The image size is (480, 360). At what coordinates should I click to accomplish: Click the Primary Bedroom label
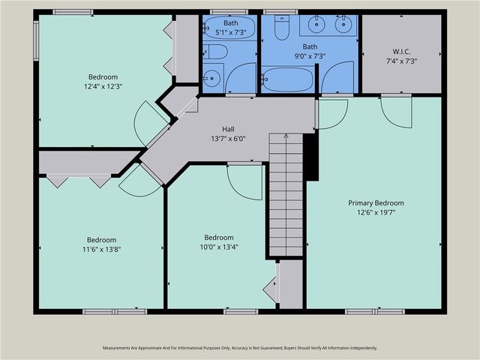(x=376, y=203)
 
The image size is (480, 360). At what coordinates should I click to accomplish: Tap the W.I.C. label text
(x=401, y=52)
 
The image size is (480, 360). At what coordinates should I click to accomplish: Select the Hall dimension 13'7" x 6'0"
(x=228, y=139)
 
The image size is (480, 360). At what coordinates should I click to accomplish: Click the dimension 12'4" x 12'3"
(x=103, y=87)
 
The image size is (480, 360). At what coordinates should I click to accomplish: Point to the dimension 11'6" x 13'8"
(x=101, y=250)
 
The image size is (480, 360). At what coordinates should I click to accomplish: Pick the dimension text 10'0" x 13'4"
(x=219, y=247)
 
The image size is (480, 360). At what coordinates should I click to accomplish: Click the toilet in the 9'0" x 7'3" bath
(x=281, y=28)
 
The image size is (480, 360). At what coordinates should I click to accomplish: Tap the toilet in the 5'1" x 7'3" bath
(x=214, y=52)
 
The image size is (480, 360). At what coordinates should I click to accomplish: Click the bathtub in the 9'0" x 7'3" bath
(x=287, y=79)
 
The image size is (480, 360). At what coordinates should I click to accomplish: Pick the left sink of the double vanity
(x=316, y=23)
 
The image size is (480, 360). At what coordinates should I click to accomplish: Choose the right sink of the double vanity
(x=344, y=23)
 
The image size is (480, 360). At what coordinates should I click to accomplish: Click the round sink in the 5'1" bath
(x=211, y=78)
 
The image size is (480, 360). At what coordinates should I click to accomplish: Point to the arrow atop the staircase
(x=286, y=136)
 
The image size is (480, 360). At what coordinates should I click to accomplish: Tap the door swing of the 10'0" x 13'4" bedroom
(x=245, y=183)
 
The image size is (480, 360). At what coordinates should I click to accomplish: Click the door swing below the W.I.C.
(x=397, y=112)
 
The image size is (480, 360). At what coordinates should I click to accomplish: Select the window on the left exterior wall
(x=36, y=40)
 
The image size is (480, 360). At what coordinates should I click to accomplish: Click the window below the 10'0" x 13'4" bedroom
(x=241, y=312)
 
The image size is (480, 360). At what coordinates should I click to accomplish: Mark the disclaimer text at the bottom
(x=240, y=348)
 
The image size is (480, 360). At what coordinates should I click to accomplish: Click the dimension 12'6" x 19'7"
(x=376, y=212)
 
